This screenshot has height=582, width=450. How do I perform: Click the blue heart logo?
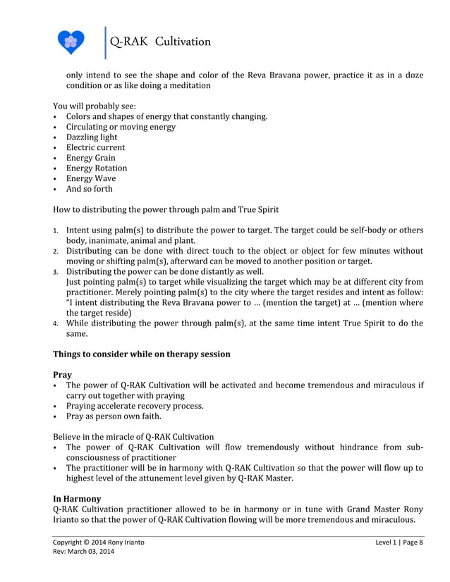click(x=71, y=42)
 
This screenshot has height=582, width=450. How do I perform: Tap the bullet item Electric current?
click(x=95, y=147)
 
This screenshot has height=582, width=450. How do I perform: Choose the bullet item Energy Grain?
click(x=90, y=158)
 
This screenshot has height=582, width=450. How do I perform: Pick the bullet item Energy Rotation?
click(x=97, y=168)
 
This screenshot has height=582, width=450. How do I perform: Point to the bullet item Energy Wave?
click(x=91, y=178)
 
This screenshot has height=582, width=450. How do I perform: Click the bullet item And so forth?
click(x=89, y=189)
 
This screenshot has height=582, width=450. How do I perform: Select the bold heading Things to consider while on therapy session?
click(x=142, y=354)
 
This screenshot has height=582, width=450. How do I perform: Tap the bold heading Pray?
click(x=62, y=375)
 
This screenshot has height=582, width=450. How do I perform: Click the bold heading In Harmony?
click(x=77, y=498)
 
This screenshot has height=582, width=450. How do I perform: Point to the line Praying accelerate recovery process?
click(x=134, y=406)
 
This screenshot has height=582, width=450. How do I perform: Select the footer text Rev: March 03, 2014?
click(x=83, y=552)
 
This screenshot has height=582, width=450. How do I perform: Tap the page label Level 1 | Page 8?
click(x=399, y=542)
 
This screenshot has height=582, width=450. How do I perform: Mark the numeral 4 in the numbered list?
click(x=56, y=324)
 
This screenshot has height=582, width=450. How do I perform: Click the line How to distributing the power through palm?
click(x=166, y=209)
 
